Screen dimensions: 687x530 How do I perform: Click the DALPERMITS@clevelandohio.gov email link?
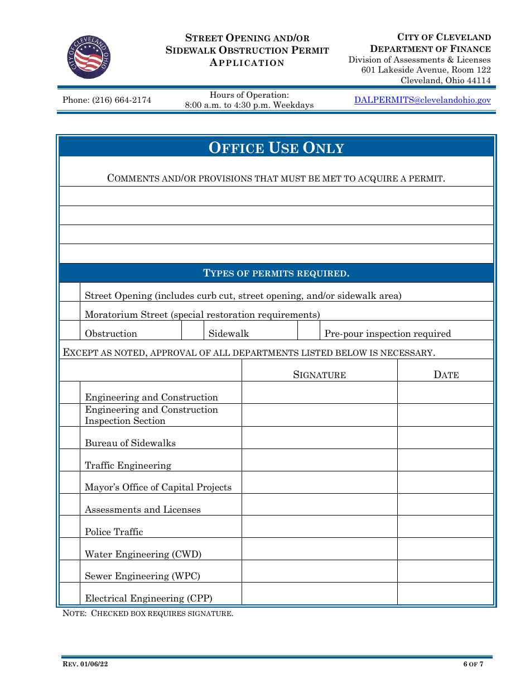[422, 100]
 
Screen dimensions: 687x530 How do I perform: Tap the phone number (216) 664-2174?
[107, 100]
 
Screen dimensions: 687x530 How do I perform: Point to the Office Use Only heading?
[276, 147]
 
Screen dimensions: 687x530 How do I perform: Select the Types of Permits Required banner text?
[276, 273]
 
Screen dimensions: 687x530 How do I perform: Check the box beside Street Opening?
[70, 293]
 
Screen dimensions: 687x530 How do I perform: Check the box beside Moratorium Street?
[70, 312]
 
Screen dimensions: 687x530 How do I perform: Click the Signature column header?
[319, 375]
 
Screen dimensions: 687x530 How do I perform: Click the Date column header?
[446, 375]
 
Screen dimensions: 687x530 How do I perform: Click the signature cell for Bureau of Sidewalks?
[319, 438]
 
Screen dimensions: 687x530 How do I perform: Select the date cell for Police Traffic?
[446, 527]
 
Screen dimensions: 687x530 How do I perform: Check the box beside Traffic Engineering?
[70, 460]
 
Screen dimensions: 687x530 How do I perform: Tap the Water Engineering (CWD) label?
[143, 554]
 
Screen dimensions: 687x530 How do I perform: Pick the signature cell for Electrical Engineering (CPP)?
[319, 594]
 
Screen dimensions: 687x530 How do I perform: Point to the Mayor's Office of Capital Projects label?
[158, 487]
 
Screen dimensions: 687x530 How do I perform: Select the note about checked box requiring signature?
[148, 613]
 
